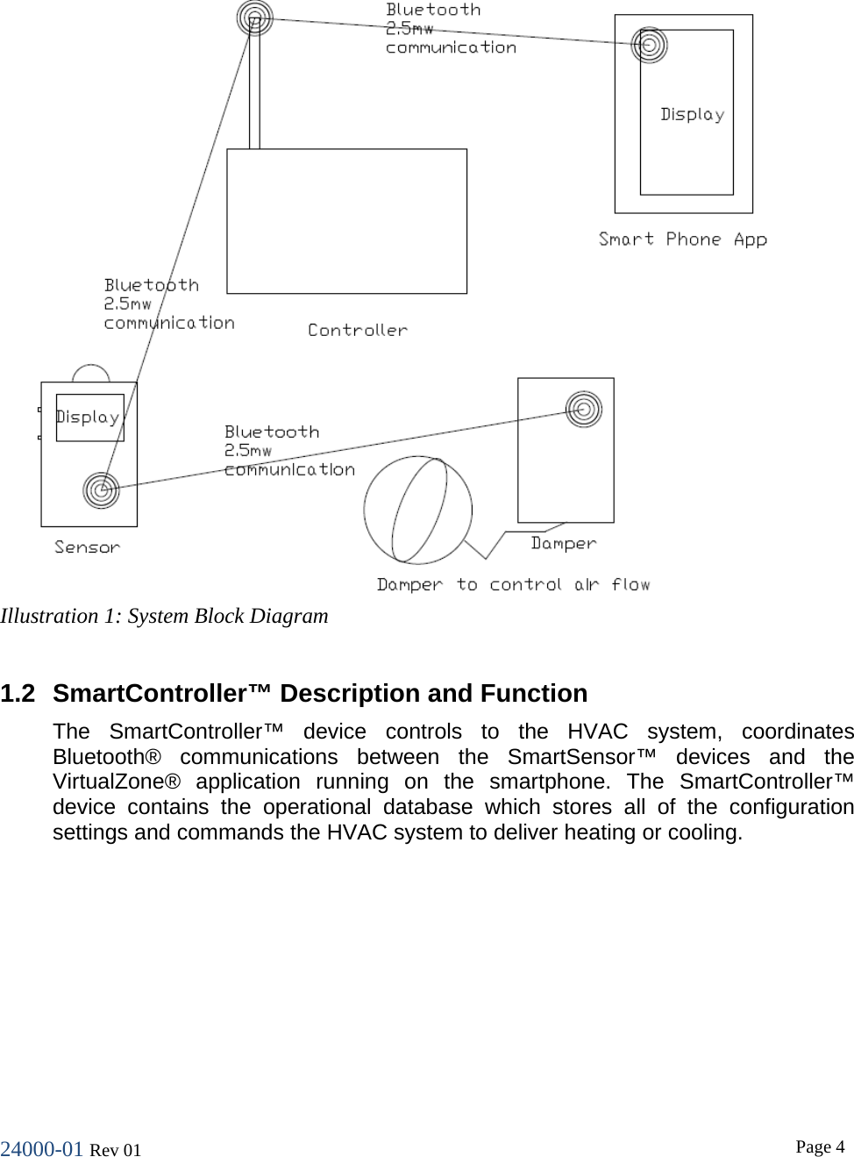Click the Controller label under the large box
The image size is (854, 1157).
358,330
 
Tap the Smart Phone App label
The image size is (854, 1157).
682,239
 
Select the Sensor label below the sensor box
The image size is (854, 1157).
87,547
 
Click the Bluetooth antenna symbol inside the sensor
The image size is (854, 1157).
101,489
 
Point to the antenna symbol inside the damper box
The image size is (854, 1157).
583,409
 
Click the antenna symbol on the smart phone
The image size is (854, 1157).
650,45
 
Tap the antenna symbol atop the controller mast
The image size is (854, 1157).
254,18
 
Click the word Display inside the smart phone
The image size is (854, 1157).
692,115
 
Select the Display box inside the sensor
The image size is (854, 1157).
89,418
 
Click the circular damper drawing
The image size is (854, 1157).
418,510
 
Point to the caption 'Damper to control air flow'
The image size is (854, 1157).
513,585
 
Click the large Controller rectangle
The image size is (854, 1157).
346,221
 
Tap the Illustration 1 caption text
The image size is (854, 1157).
164,616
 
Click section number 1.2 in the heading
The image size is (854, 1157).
18,694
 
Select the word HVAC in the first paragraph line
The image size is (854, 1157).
597,732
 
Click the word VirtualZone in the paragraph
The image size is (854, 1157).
116,782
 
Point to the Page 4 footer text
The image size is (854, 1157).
820,1146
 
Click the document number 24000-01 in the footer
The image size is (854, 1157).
41,1149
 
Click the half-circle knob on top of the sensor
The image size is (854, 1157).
90,374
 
